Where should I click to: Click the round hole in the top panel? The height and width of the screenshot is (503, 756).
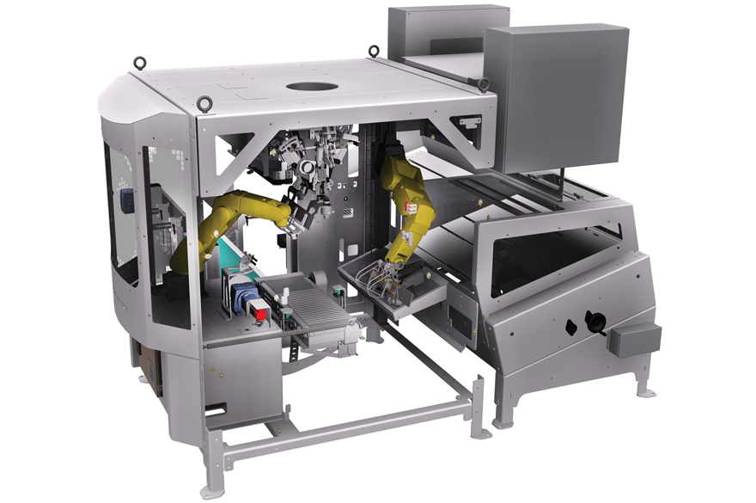[x=311, y=87]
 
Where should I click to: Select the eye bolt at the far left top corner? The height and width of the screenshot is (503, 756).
[x=138, y=63]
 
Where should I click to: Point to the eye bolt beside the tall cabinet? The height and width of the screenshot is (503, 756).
[x=483, y=83]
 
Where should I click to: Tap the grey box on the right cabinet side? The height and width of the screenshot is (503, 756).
[x=634, y=339]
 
